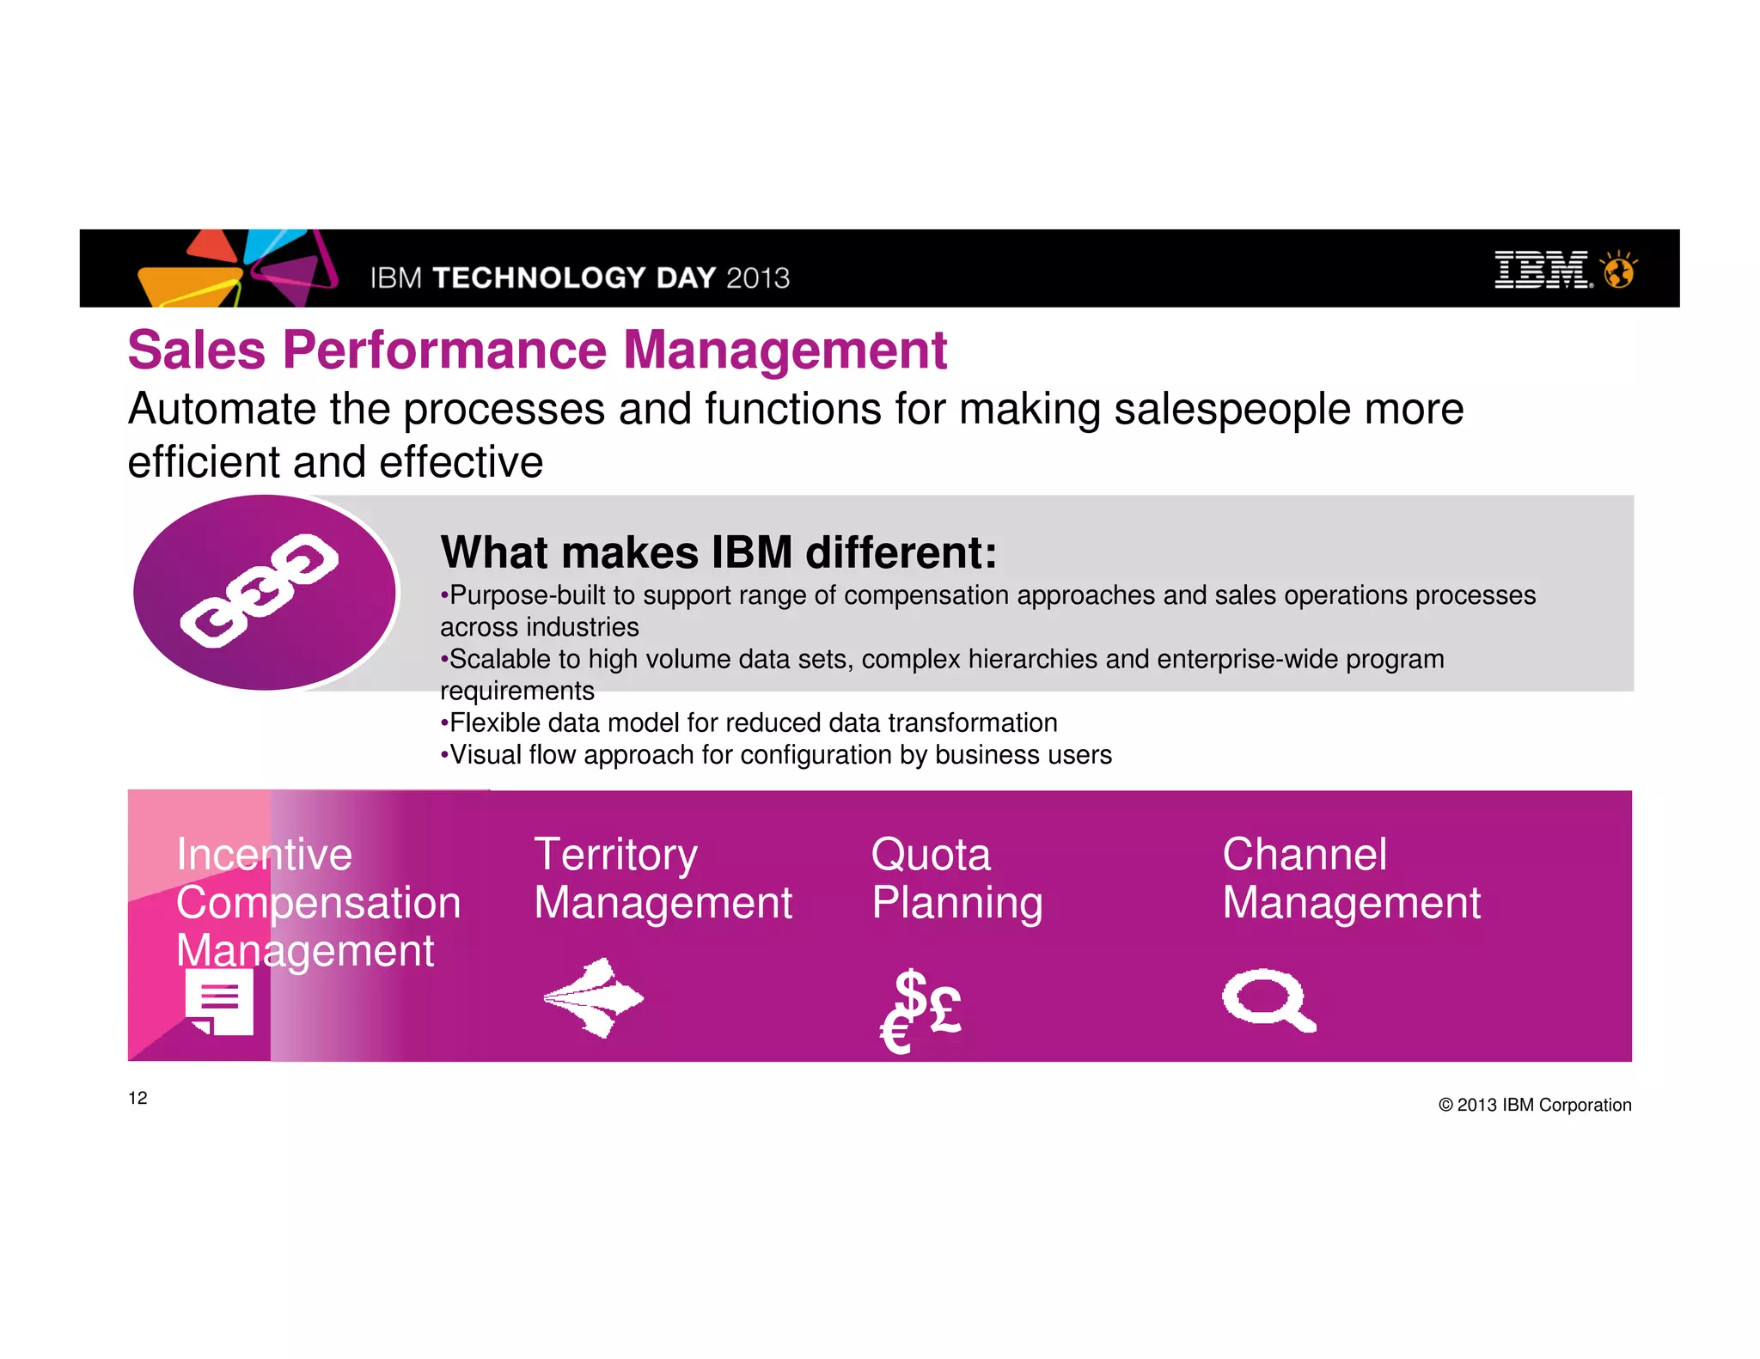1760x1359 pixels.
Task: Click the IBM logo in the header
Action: (x=1543, y=270)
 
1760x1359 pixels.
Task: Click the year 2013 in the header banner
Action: (x=757, y=278)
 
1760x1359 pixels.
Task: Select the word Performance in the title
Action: (x=444, y=350)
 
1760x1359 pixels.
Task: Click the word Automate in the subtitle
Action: (x=222, y=410)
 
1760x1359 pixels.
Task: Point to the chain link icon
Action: (x=260, y=589)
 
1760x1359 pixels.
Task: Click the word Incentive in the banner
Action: (x=264, y=855)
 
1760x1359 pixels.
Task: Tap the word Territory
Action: (x=615, y=855)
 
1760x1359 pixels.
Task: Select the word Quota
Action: (x=931, y=855)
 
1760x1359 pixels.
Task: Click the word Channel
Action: (x=1305, y=855)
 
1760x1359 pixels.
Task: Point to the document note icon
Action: (x=219, y=1002)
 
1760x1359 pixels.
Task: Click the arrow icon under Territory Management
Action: (x=594, y=997)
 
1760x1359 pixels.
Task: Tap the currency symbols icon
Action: (x=920, y=1009)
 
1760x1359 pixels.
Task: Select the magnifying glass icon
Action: (x=1268, y=1001)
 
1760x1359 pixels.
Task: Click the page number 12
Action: (x=137, y=1098)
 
